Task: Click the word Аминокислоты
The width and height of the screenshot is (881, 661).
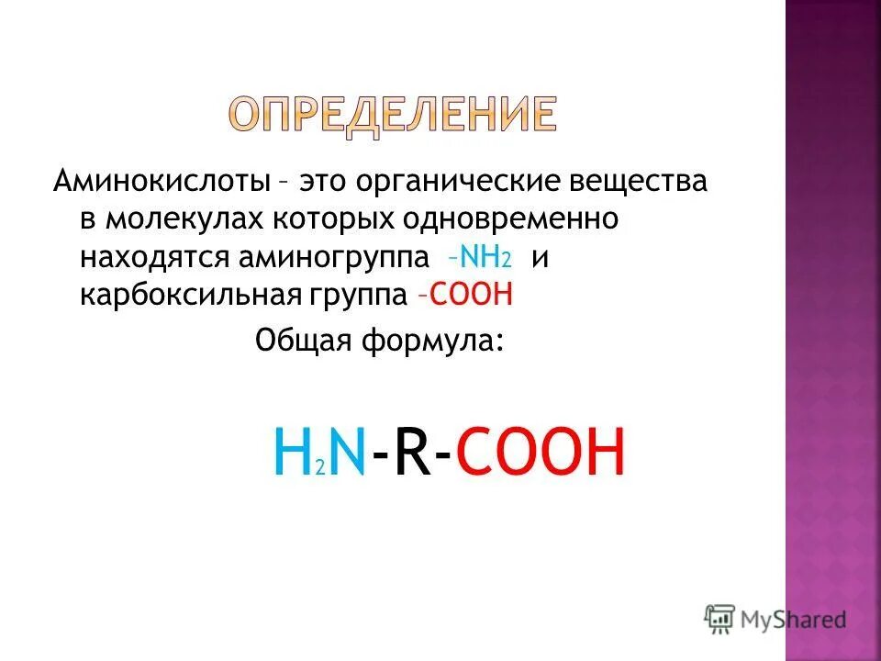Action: point(160,181)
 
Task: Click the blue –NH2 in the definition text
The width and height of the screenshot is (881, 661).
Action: point(476,257)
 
